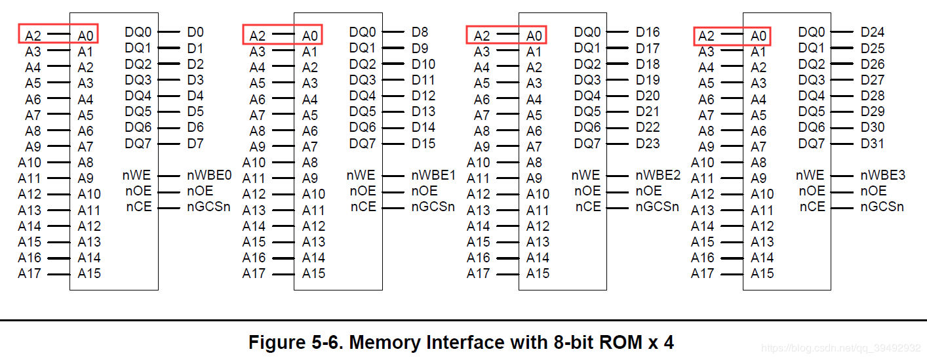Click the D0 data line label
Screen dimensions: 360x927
pos(195,32)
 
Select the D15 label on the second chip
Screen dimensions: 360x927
pos(424,143)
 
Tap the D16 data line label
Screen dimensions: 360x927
pos(648,32)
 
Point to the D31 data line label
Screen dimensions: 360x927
pos(873,143)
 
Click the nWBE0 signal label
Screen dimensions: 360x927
pos(210,175)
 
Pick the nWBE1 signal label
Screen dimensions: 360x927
pos(433,175)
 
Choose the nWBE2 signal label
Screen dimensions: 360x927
pos(658,175)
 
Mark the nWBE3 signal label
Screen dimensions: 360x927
pos(882,175)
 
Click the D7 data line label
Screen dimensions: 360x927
pos(195,143)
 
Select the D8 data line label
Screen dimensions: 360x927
pos(420,32)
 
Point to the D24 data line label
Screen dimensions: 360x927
pos(873,32)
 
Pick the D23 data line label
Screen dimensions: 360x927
pos(648,143)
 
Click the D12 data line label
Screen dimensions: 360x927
pos(424,96)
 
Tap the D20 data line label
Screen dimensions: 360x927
pos(648,96)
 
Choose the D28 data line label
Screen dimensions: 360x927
pos(873,96)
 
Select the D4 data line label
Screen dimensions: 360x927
pos(195,96)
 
